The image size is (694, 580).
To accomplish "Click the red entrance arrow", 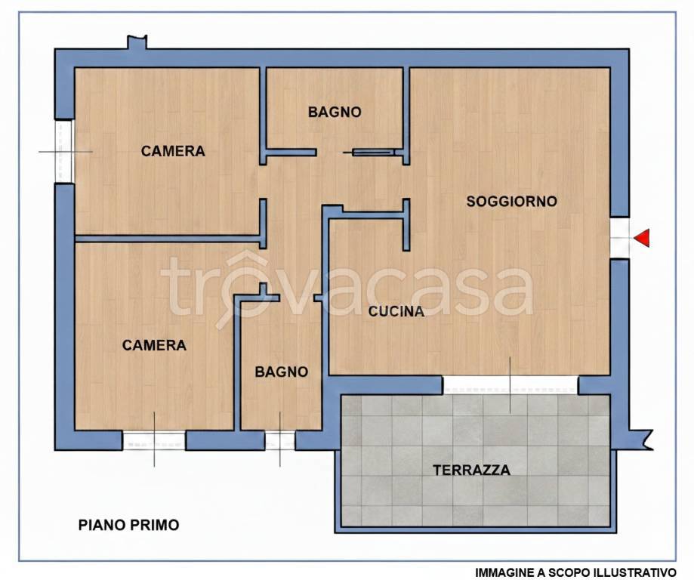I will click(x=641, y=239).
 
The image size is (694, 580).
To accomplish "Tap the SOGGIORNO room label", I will click(x=511, y=202).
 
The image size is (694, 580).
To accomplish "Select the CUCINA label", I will click(x=396, y=311).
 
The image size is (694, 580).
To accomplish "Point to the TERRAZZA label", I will click(x=471, y=470).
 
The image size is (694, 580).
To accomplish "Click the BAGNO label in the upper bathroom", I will click(x=335, y=112).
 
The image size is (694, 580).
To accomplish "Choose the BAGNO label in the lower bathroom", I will click(x=281, y=372).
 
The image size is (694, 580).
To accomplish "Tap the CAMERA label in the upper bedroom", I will click(x=173, y=151).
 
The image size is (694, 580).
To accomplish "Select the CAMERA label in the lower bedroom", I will click(x=154, y=345).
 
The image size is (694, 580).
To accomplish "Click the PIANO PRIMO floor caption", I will click(x=129, y=525).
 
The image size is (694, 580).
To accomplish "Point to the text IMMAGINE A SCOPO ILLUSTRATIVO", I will click(x=575, y=572).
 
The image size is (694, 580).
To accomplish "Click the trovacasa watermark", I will click(x=347, y=291).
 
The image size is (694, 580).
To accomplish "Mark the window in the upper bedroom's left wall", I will click(x=64, y=151).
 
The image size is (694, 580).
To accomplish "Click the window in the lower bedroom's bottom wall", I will click(x=154, y=440).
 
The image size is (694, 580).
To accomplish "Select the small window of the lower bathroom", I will click(x=279, y=440).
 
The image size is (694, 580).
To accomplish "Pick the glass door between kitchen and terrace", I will click(x=510, y=385).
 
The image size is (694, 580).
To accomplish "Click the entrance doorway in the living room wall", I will click(x=619, y=239).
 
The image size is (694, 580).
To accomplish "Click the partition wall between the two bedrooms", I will click(x=170, y=239).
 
